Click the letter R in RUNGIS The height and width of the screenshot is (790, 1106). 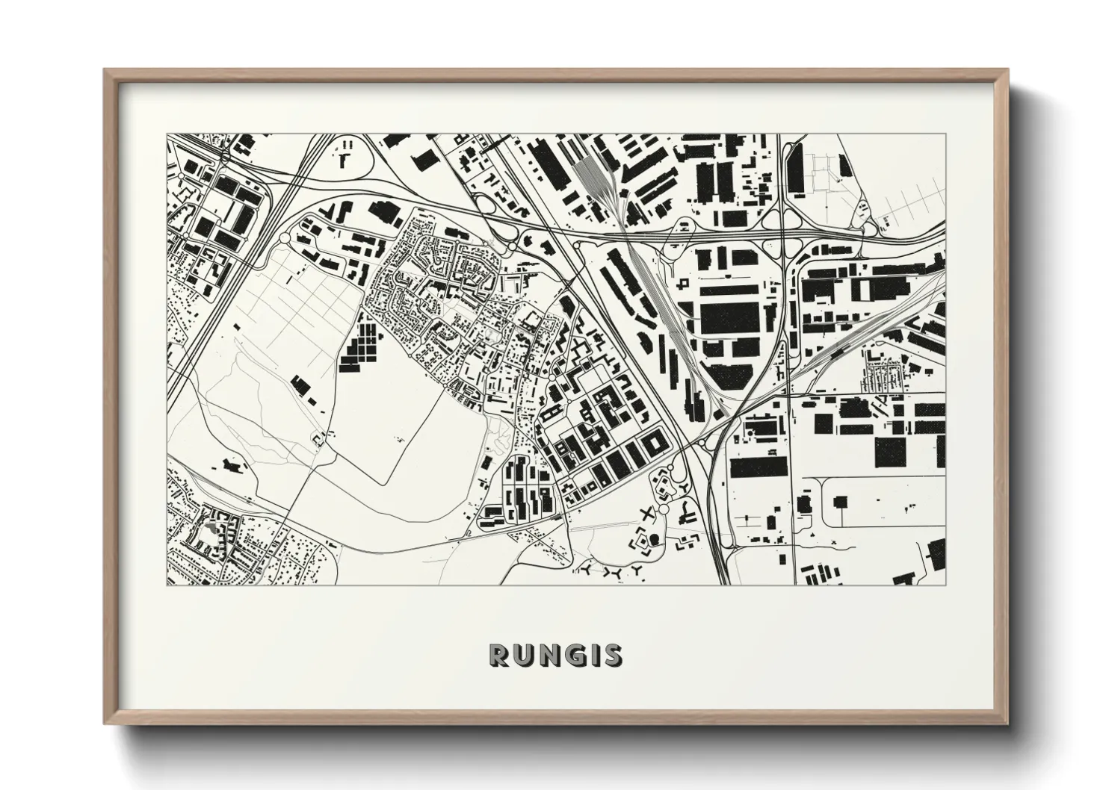tap(499, 655)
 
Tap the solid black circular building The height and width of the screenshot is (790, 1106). tap(655, 538)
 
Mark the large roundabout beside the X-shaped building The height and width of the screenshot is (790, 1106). tap(664, 509)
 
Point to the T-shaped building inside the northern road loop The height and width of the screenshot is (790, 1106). tap(344, 158)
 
